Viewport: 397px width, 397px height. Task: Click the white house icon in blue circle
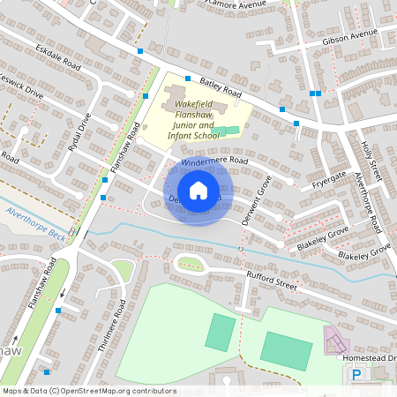click(198, 190)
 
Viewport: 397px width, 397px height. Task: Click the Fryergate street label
click(332, 180)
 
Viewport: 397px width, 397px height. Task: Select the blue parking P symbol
click(356, 375)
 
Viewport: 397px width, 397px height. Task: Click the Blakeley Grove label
click(325, 236)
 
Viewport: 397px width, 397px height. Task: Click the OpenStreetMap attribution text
click(89, 390)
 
